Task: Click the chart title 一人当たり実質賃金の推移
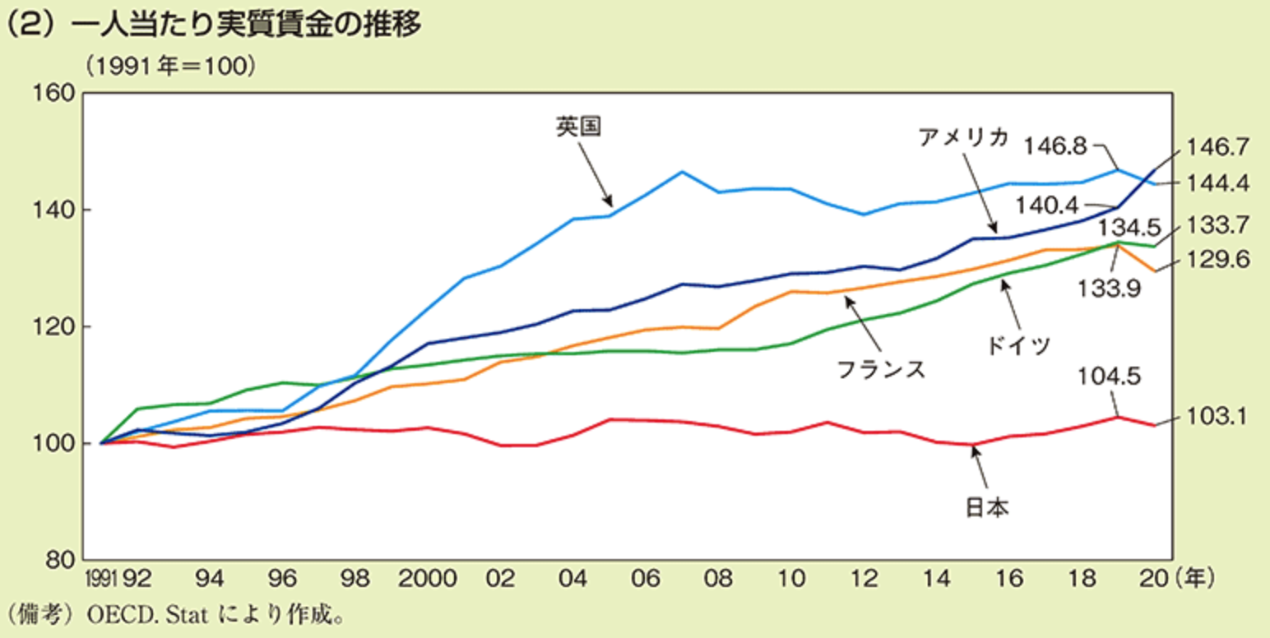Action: coord(247,25)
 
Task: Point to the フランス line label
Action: coord(881,368)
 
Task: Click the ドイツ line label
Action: coord(1019,344)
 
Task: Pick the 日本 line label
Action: coord(986,508)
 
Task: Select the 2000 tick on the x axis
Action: coord(428,579)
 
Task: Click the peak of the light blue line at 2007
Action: coord(682,171)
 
